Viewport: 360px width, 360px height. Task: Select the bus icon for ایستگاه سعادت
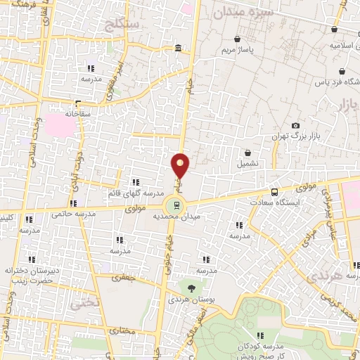click(274, 192)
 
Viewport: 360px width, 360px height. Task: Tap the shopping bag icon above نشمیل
click(247, 153)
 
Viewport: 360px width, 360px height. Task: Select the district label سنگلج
click(122, 25)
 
